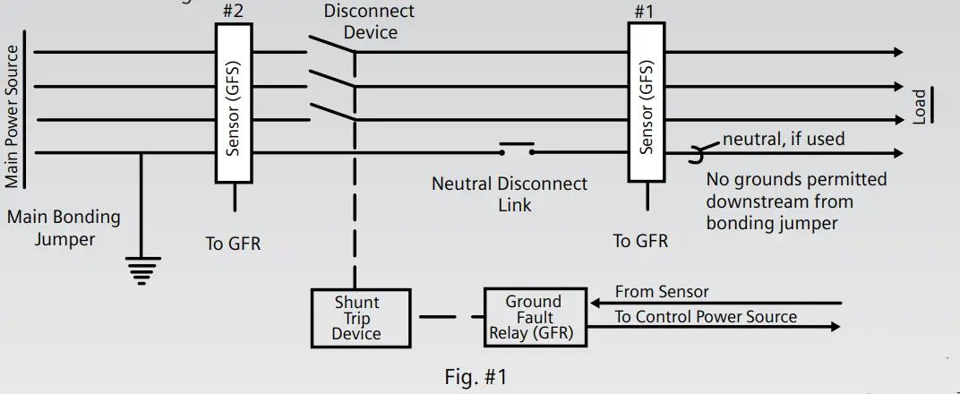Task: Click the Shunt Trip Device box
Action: [361, 318]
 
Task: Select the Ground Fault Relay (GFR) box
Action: [536, 318]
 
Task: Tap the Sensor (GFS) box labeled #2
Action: [234, 103]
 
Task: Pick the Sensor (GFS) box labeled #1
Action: [647, 102]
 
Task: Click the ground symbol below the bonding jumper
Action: [142, 271]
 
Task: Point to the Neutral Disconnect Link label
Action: [510, 194]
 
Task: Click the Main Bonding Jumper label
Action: [64, 227]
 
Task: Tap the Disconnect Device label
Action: [369, 21]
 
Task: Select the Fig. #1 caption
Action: [476, 377]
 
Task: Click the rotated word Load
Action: [920, 107]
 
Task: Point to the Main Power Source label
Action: [12, 116]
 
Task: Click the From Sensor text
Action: [661, 292]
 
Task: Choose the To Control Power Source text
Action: [706, 316]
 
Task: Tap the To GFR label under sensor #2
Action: [233, 244]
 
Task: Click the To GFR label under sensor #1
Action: [640, 241]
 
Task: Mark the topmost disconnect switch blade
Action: [332, 45]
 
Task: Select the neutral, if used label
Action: [784, 139]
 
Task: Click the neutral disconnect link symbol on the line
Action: [518, 149]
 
